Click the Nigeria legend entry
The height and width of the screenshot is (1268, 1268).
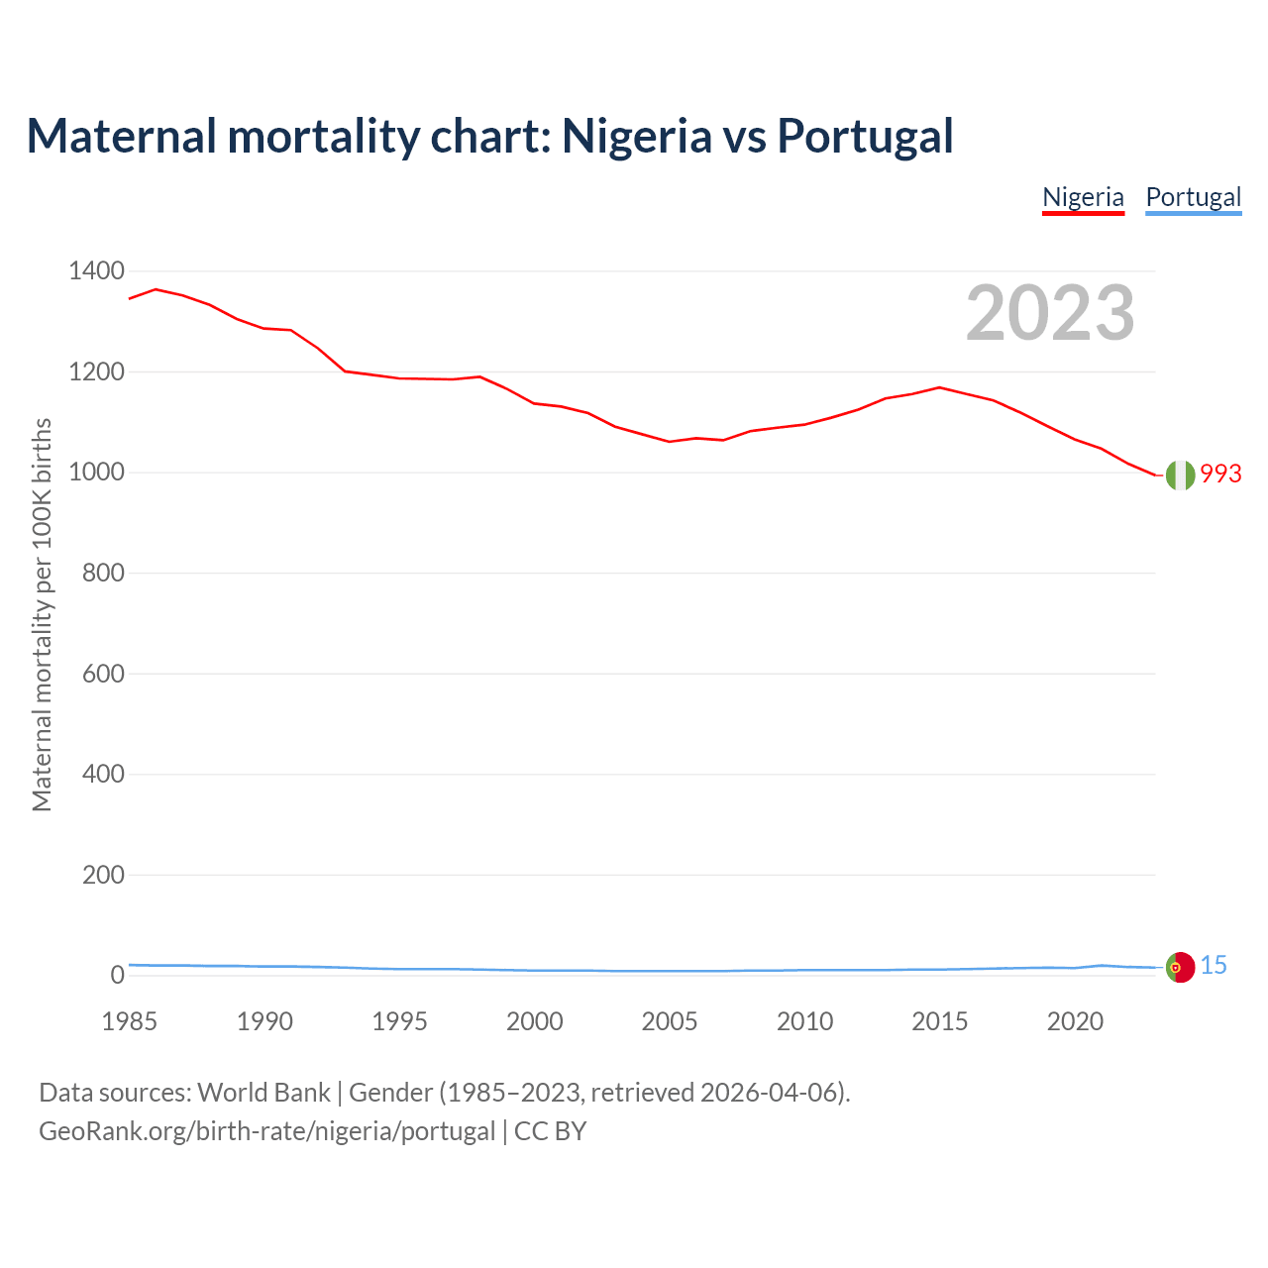tap(1083, 197)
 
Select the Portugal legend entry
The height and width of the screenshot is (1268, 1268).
tap(1193, 197)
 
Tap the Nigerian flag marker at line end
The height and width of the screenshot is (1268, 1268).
tap(1180, 475)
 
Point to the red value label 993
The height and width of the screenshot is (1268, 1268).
tap(1220, 475)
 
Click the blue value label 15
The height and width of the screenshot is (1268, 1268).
tap(1214, 966)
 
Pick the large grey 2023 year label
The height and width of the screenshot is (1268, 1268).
tap(1050, 313)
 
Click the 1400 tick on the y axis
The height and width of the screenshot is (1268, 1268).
tap(96, 271)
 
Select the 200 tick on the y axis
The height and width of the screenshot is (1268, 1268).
tap(103, 876)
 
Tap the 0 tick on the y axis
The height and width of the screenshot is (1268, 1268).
tap(118, 976)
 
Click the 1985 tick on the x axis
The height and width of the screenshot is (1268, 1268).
tap(130, 1021)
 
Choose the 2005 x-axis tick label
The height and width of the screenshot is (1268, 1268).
tap(670, 1021)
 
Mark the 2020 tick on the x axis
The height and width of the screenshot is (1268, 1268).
tap(1075, 1021)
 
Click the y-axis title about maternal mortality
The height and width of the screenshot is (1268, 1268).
tap(42, 614)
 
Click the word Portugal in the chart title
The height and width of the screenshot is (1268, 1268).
tap(865, 136)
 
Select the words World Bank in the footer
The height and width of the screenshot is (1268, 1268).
tap(264, 1093)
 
